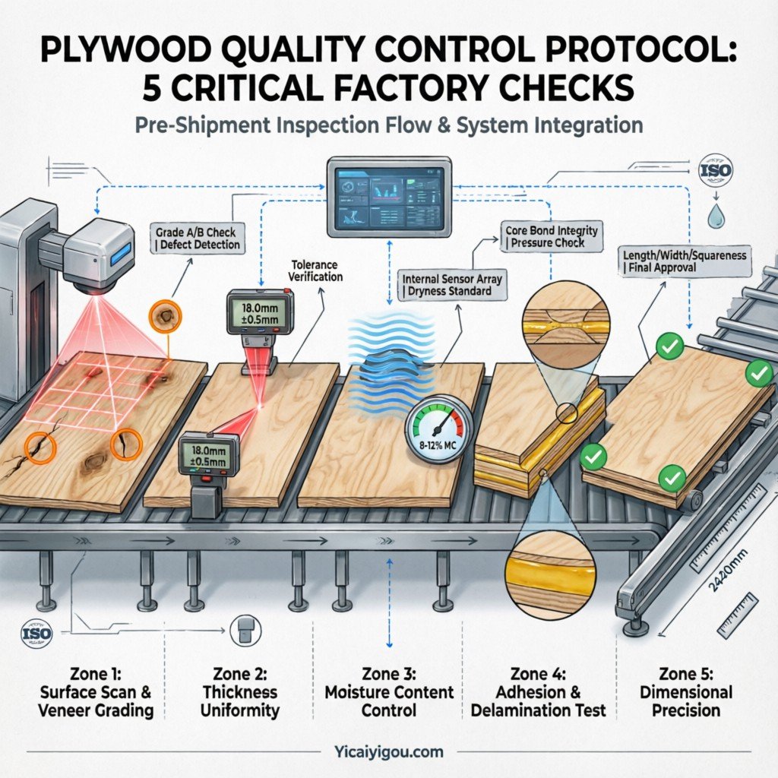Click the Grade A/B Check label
(196, 238)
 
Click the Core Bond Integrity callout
(551, 236)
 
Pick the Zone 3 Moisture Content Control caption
(389, 691)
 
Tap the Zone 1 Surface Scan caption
(106, 691)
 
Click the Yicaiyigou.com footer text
(388, 752)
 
